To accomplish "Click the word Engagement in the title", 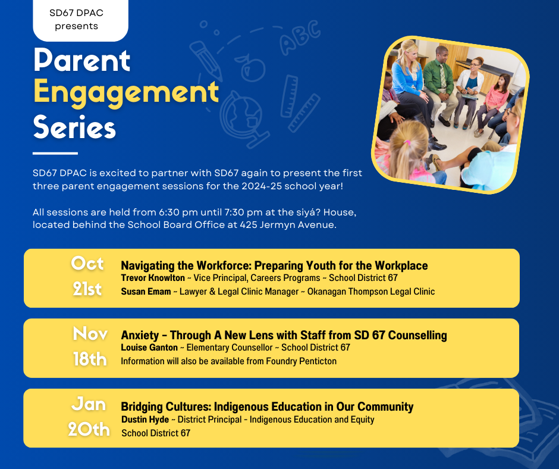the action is click(x=126, y=93).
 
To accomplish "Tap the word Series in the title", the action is click(x=74, y=127).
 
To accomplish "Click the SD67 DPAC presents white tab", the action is click(x=80, y=20).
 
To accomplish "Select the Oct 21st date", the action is click(x=87, y=276).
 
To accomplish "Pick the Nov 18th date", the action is click(x=90, y=346).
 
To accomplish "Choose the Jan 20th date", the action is click(x=89, y=417).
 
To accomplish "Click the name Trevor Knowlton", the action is click(x=153, y=278).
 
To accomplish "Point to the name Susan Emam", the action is click(x=146, y=292).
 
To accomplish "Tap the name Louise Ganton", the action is click(x=149, y=348).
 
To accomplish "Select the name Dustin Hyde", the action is click(x=145, y=420).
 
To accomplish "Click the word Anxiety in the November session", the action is click(x=140, y=335).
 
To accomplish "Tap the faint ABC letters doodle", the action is click(x=300, y=37).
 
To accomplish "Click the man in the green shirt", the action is click(x=439, y=83).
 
